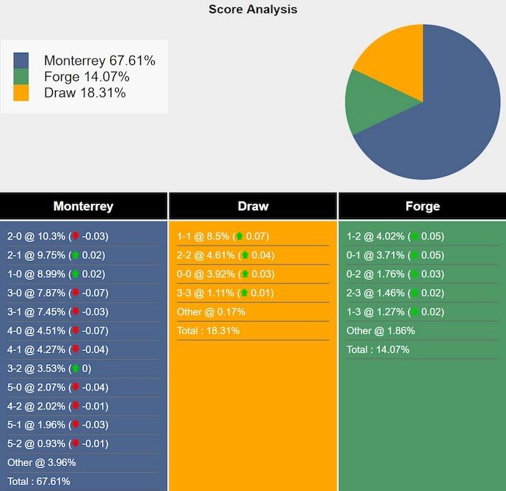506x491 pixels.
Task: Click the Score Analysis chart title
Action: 253,10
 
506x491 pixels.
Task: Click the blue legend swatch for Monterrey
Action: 21,61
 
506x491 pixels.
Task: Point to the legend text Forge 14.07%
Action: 87,77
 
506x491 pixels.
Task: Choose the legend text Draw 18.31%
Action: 85,93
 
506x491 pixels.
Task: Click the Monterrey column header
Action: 84,206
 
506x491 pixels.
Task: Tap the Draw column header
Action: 253,206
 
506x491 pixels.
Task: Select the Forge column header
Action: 422,206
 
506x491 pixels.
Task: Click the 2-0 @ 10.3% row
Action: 57,236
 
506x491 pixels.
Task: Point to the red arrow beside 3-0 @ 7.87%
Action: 75,292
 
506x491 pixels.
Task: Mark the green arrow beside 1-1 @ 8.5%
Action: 238,236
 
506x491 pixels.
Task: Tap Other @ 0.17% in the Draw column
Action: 211,311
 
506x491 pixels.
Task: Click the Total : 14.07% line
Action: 378,350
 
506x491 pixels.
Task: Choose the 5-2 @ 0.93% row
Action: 57,443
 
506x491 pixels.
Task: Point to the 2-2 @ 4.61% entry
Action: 225,255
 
